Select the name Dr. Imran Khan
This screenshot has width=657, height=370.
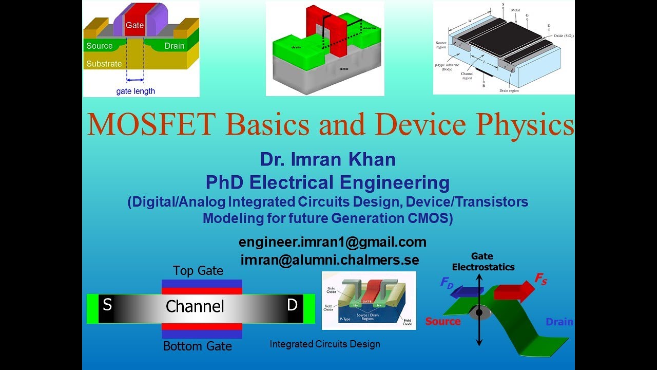[x=328, y=159]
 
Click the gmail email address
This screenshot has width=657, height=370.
[x=333, y=242]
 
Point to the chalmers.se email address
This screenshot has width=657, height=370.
[x=330, y=260]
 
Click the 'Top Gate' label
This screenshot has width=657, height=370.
[x=198, y=271]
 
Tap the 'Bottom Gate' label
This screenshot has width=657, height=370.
[x=198, y=346]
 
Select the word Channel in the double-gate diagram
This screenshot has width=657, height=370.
[x=195, y=307]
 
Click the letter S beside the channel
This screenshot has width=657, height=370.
[x=107, y=305]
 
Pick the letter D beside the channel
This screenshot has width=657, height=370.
[x=292, y=305]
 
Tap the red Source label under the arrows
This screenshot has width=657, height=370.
[x=443, y=322]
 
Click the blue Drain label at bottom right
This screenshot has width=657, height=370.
[x=559, y=322]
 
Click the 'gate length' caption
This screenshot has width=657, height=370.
[x=136, y=91]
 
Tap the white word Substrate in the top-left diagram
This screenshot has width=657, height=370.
[x=104, y=64]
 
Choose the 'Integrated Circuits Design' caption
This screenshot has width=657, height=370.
[x=325, y=344]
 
